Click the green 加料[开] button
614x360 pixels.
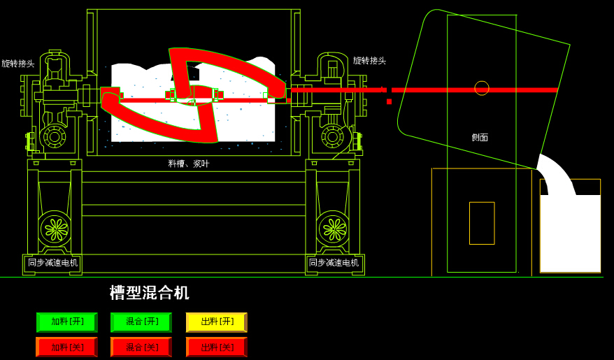67,322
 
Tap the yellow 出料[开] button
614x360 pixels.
217,322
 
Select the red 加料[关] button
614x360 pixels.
67,347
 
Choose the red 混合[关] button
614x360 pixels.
141,347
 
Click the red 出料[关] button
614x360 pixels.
217,347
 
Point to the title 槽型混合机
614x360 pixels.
149,293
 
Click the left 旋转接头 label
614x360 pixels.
18,64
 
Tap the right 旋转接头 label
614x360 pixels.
369,61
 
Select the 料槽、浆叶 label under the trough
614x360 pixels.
189,164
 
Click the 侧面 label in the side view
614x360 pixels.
480,138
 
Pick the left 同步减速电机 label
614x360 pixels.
53,263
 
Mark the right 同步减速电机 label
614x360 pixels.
334,263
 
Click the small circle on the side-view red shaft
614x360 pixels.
482,88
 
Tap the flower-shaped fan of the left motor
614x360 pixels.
55,229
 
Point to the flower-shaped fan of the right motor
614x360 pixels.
334,229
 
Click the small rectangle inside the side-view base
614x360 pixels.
482,223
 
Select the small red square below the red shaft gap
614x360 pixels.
389,101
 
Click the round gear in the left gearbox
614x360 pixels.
55,136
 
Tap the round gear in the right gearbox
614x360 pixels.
332,136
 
